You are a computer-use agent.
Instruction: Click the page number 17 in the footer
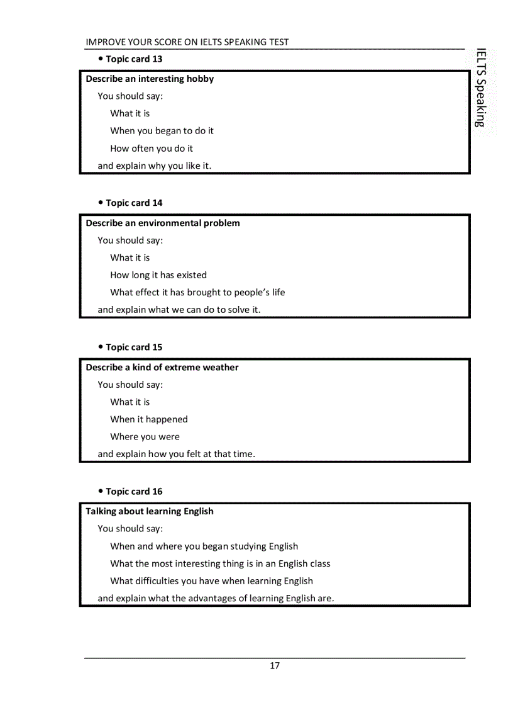(x=275, y=666)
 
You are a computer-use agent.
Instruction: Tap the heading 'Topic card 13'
(x=134, y=59)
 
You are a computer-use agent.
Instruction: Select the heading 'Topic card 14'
(x=134, y=203)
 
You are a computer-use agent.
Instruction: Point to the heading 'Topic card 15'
(x=134, y=348)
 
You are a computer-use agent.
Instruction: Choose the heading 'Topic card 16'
(x=134, y=492)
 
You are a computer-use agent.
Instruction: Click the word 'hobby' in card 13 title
(x=200, y=79)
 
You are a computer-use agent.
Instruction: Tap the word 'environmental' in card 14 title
(x=170, y=223)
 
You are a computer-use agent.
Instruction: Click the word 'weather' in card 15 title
(x=220, y=368)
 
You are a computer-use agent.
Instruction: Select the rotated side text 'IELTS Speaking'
(x=481, y=88)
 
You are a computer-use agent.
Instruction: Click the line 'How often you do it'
(x=152, y=149)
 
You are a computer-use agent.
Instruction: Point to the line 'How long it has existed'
(x=158, y=275)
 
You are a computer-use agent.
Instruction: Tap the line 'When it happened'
(x=149, y=419)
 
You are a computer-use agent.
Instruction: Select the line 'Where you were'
(x=145, y=437)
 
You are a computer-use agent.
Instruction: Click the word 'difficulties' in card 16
(x=157, y=581)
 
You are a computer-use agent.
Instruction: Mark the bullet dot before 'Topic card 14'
(x=101, y=203)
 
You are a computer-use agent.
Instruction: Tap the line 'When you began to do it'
(x=162, y=131)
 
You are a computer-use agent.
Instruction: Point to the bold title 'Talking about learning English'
(x=150, y=512)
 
